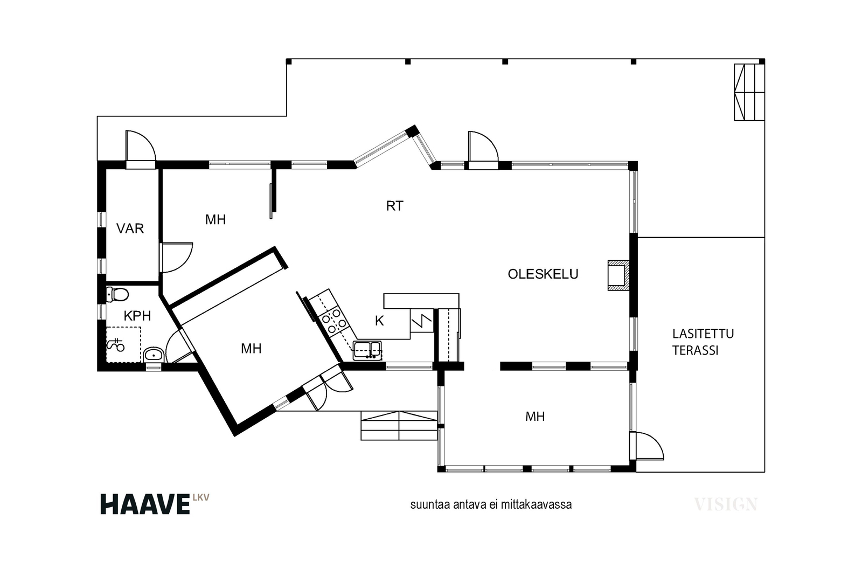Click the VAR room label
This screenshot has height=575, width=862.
(x=130, y=228)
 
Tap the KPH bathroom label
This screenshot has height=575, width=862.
(x=137, y=316)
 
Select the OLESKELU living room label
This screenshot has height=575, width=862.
(x=543, y=274)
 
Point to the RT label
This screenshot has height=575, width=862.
(x=395, y=206)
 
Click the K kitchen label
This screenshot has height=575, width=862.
(x=379, y=321)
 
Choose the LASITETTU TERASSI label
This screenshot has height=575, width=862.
(x=703, y=342)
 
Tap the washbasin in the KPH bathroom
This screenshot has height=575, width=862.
(x=154, y=355)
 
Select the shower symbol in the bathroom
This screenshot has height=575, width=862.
(x=115, y=344)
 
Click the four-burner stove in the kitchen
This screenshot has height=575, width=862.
(x=334, y=321)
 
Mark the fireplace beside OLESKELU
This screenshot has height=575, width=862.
(x=619, y=275)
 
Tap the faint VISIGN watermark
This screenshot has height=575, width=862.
(x=726, y=504)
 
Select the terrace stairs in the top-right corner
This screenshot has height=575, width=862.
(x=749, y=92)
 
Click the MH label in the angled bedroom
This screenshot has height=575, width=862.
(x=251, y=349)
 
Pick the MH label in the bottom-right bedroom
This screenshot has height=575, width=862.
(x=535, y=417)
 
